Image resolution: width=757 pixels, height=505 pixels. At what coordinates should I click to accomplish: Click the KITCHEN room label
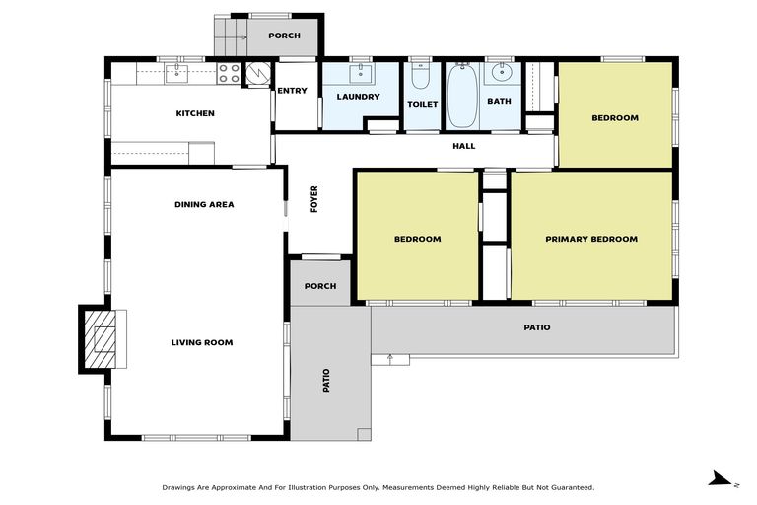tap(195, 113)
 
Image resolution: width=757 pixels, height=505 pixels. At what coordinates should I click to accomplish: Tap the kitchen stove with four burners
tap(229, 73)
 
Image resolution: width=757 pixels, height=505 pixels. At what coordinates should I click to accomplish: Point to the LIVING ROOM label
tap(202, 342)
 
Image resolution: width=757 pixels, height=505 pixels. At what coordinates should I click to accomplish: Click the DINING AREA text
tap(204, 205)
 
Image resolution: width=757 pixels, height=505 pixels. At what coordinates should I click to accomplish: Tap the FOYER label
tap(315, 199)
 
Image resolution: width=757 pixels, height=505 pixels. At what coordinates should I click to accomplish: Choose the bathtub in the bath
tap(463, 97)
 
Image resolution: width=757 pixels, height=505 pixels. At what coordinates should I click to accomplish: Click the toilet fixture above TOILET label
tap(422, 75)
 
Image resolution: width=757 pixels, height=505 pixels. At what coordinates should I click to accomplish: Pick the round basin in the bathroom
tap(503, 72)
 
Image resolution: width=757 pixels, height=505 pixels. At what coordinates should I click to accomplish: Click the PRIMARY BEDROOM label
tap(591, 239)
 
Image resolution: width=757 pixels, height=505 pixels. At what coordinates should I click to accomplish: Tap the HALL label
tap(463, 146)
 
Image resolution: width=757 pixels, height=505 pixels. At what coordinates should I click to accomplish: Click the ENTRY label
tap(293, 91)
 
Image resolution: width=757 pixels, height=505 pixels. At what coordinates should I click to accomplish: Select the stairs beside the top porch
tap(231, 37)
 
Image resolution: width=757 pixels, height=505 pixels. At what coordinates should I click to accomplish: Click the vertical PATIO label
tap(326, 381)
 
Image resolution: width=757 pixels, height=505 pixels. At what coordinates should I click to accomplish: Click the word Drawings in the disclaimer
tap(180, 487)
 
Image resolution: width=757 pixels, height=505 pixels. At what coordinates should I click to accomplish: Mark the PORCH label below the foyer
tap(320, 286)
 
